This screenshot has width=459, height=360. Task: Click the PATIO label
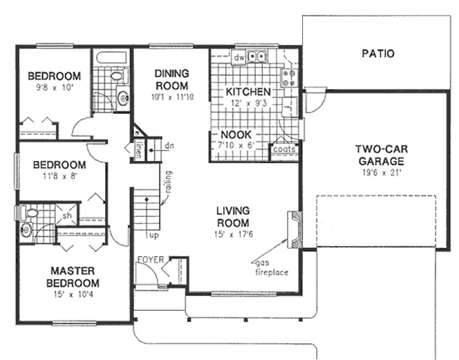pyautogui.click(x=378, y=54)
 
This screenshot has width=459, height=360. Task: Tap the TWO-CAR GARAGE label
pyautogui.click(x=379, y=155)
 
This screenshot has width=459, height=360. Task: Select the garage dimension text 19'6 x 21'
pyautogui.click(x=379, y=173)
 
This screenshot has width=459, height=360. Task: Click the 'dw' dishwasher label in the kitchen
pyautogui.click(x=239, y=56)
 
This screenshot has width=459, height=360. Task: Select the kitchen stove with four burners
pyautogui.click(x=288, y=78)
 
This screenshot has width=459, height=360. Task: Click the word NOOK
pyautogui.click(x=235, y=136)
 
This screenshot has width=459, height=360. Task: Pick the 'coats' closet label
pyautogui.click(x=284, y=149)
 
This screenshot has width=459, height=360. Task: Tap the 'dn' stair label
pyautogui.click(x=169, y=145)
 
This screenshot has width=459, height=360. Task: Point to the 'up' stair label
pyautogui.click(x=154, y=236)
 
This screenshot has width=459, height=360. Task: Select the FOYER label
pyautogui.click(x=150, y=260)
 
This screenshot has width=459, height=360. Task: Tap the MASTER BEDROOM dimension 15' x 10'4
pyautogui.click(x=74, y=295)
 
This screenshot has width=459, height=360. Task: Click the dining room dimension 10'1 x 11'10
pyautogui.click(x=171, y=98)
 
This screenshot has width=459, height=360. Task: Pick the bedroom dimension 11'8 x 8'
pyautogui.click(x=59, y=176)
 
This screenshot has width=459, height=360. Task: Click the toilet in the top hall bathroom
pyautogui.click(x=117, y=76)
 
